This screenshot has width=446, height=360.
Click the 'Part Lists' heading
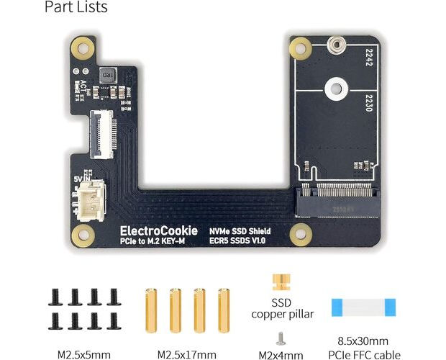pos(76,8)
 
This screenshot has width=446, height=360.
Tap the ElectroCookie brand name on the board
pos(159,230)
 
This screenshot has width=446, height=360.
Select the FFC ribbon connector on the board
pos(97,132)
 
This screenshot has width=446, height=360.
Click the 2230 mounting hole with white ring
pos(334,90)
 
